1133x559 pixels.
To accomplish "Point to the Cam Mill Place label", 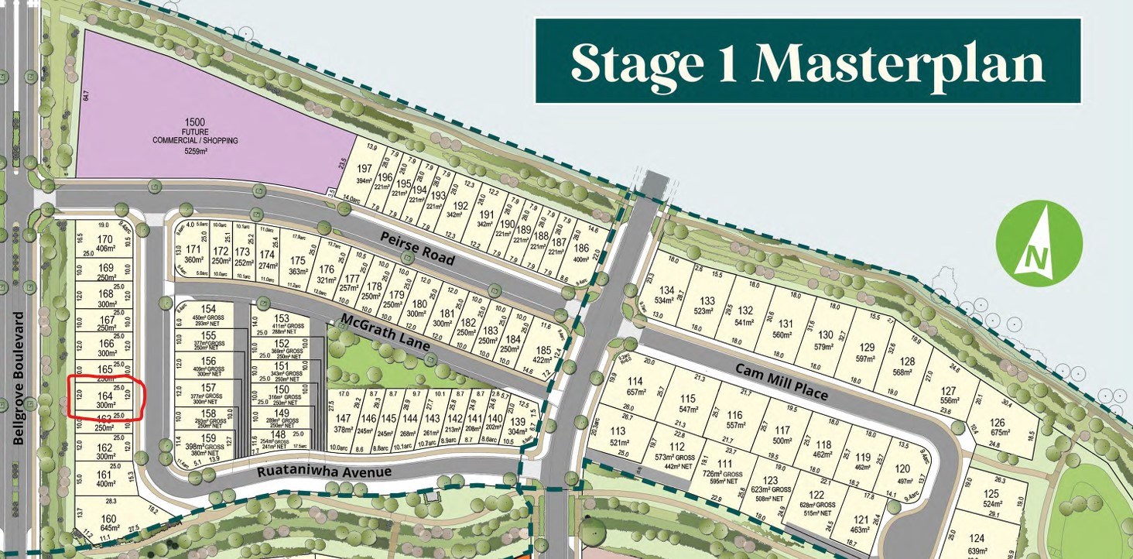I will (782, 380).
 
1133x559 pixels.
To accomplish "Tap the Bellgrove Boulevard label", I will (19, 378).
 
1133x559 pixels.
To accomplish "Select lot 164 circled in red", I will (104, 399).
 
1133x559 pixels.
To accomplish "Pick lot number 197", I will (364, 173).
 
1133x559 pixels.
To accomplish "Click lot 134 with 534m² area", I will (662, 295).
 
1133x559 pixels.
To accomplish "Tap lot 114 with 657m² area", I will (636, 386).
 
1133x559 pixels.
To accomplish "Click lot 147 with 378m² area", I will (342, 423).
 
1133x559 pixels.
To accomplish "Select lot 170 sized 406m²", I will (105, 243).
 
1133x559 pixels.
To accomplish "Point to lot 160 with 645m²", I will (108, 523).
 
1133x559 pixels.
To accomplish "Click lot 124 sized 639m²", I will (976, 544).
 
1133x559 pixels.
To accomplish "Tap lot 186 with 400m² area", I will (581, 252).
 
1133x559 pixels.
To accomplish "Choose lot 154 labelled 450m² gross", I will (207, 314).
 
